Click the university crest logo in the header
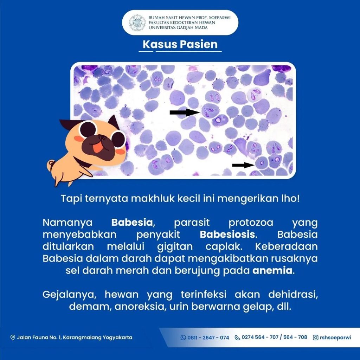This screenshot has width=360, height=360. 137,22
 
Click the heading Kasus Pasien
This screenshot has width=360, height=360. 180,44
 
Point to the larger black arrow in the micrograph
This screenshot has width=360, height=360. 185,112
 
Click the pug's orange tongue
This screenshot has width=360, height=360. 98,148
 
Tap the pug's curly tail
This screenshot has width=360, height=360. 51,165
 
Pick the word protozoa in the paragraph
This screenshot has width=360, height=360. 251,223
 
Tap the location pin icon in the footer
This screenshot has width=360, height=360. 13,337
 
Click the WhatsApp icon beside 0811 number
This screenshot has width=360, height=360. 183,337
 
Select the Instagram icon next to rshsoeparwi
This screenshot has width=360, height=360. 316,337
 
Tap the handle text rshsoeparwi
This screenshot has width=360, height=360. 335,337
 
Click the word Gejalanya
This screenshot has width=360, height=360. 69,295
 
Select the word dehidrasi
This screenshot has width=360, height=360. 293,295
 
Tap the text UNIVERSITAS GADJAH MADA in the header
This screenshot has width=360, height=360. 178,28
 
